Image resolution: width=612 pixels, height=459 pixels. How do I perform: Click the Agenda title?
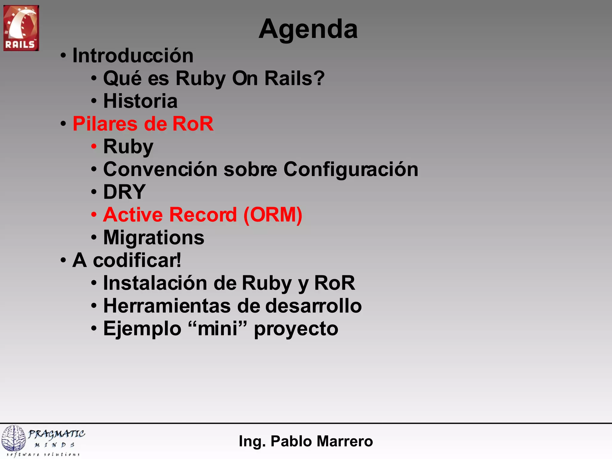[x=308, y=29]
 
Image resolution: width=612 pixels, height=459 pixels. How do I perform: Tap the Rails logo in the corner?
[x=21, y=28]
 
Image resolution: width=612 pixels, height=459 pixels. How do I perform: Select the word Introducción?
[x=133, y=56]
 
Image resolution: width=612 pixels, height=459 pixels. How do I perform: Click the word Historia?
[x=140, y=101]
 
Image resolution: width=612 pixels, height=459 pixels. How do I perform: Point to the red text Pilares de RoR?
[x=143, y=124]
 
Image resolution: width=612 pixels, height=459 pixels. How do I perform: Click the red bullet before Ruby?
[x=94, y=147]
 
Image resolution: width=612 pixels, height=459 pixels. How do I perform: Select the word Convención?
[x=160, y=169]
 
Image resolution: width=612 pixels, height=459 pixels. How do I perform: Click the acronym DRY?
[x=124, y=192]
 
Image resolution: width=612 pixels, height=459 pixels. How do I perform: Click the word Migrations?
[x=154, y=238]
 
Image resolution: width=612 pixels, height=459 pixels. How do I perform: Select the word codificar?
[x=137, y=260]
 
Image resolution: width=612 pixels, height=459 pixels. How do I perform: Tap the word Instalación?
[x=155, y=283]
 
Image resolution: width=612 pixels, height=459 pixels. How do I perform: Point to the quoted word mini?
[x=218, y=328]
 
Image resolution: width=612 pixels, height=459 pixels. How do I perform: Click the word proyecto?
[x=296, y=329]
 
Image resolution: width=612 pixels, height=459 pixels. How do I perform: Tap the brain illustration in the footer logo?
[x=13, y=438]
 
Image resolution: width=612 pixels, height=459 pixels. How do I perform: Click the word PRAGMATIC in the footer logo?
[x=56, y=434]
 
